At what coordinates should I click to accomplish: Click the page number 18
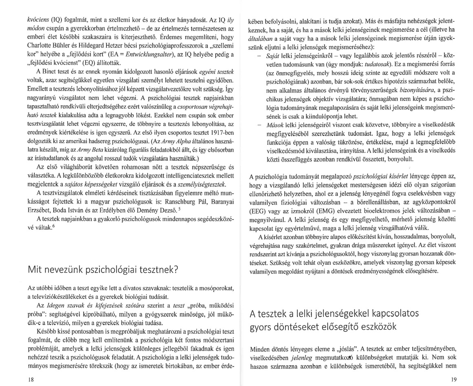point(29,379)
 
